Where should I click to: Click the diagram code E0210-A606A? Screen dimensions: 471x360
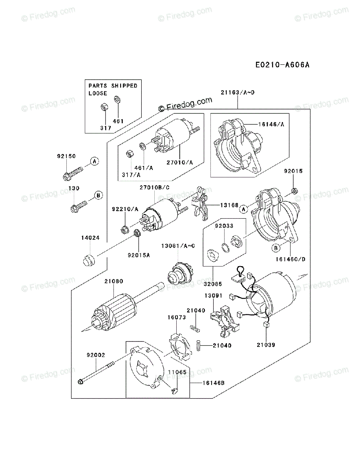(x=281, y=65)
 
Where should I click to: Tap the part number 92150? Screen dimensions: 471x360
(x=66, y=156)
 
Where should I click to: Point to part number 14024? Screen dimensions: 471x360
(x=90, y=237)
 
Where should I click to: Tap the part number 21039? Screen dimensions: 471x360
(x=266, y=345)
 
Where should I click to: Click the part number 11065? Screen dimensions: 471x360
(x=177, y=371)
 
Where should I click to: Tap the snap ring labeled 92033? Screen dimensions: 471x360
(x=225, y=248)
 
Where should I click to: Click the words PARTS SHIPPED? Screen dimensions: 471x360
(x=113, y=86)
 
